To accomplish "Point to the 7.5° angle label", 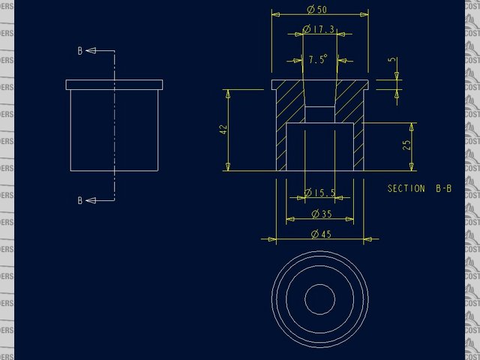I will [x=318, y=59].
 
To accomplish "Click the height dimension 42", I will [x=223, y=129].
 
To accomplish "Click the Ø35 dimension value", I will [x=320, y=214].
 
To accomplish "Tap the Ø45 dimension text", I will [x=320, y=235].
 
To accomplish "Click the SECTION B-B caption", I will [x=419, y=188].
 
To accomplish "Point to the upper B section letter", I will [x=80, y=51].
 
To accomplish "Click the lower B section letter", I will [x=80, y=200].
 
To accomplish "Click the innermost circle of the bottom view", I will [x=320, y=298].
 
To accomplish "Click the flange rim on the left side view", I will [x=114, y=84].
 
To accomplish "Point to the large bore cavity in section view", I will [x=320, y=146].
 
